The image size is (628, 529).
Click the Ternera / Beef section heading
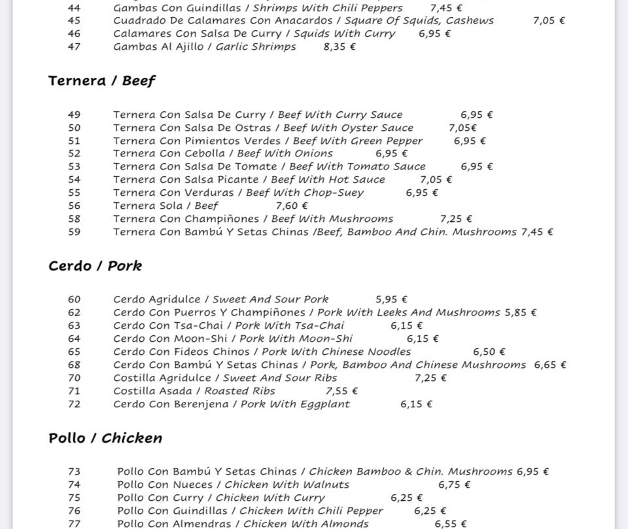click(101, 81)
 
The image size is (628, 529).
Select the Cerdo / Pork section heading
click(95, 266)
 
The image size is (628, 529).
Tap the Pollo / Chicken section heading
click(105, 438)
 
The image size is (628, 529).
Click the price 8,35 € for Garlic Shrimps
click(340, 46)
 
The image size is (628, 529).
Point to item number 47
click(74, 46)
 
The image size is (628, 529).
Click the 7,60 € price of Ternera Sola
click(292, 206)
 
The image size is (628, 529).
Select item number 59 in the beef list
click(74, 232)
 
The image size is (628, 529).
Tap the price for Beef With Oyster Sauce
click(462, 128)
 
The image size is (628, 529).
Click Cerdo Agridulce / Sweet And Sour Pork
click(220, 299)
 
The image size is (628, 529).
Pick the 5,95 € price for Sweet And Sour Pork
click(391, 299)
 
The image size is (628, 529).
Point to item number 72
click(74, 404)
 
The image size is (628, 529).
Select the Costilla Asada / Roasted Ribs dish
click(194, 391)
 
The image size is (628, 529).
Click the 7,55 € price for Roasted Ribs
click(341, 391)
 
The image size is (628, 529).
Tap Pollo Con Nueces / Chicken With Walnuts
click(233, 484)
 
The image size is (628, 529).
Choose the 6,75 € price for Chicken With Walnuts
click(454, 484)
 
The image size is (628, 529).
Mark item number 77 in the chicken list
click(74, 524)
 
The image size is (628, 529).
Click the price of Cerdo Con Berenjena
click(416, 404)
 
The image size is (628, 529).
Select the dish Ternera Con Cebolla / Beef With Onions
click(222, 153)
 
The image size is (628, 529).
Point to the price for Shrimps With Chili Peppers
click(446, 8)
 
